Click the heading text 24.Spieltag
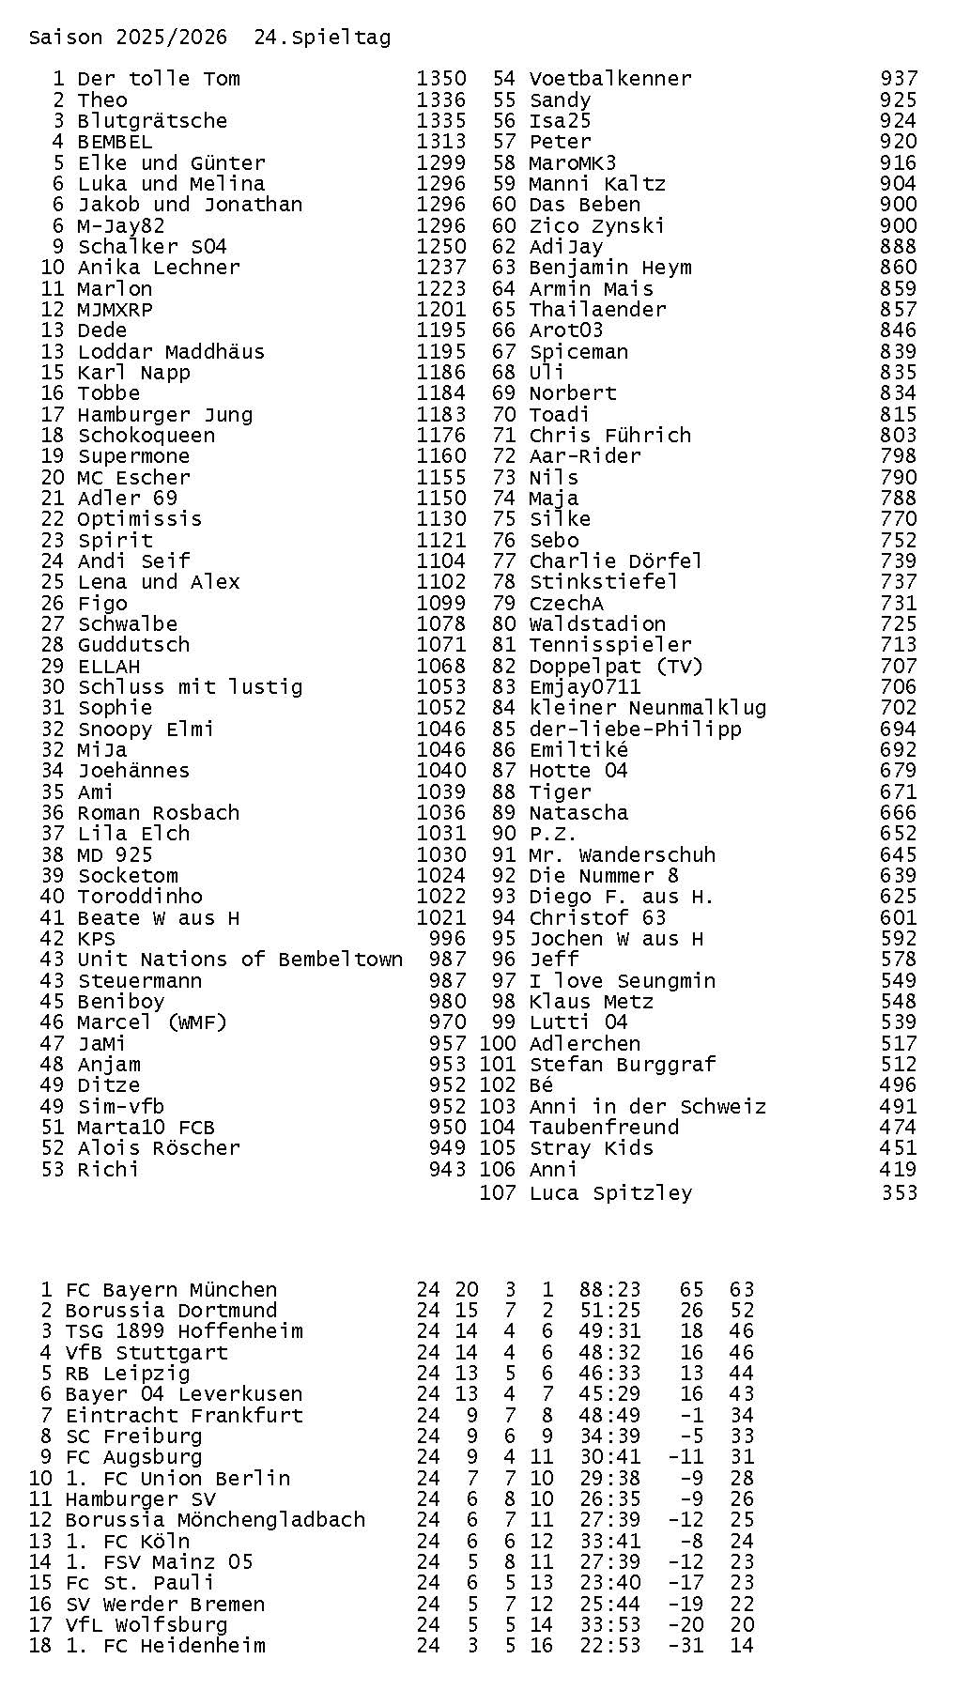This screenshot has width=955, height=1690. pos(322,38)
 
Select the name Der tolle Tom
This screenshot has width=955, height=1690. pos(159,79)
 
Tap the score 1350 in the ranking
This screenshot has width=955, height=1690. pos(441,79)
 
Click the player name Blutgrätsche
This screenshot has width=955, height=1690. pos(152,121)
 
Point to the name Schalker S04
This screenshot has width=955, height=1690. pos(152,247)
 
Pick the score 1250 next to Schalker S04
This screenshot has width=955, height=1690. pos(441,247)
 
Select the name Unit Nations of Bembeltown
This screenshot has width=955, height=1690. pos(239,960)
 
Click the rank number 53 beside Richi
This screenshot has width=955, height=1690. pos(53,1170)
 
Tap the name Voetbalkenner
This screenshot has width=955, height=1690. pos(610,79)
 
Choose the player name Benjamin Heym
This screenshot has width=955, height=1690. pos(610,268)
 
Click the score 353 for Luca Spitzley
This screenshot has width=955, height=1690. pos(899,1193)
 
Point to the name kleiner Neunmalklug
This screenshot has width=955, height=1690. pos(648,708)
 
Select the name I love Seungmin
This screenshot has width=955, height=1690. pos(623,981)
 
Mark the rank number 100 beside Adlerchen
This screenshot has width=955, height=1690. pos(498,1044)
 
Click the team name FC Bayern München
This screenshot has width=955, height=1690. pos(171,1290)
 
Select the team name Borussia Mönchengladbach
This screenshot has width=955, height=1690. pos(215,1520)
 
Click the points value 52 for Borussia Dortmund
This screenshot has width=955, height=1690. pos(741,1311)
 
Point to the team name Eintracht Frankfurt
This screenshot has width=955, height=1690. pos(184,1416)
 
